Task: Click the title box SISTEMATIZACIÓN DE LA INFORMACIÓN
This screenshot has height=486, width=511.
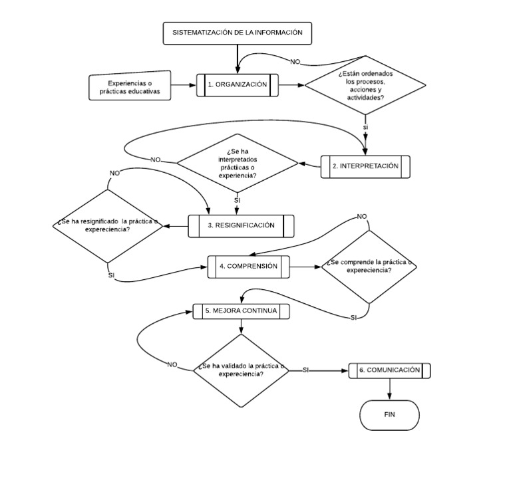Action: click(x=237, y=33)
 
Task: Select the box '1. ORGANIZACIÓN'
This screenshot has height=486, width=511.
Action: click(x=237, y=85)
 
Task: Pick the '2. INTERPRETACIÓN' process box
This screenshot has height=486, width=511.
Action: click(x=365, y=166)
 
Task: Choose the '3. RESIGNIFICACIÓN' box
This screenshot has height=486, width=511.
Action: click(x=240, y=225)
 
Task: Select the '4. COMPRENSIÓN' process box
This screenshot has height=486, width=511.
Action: click(x=249, y=266)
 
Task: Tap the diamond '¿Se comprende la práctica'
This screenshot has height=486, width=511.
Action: click(x=369, y=267)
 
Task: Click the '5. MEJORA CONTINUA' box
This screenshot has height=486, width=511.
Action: click(x=240, y=310)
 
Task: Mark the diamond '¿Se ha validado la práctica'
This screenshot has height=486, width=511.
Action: click(x=240, y=370)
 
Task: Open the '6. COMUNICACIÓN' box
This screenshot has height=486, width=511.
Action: click(x=389, y=370)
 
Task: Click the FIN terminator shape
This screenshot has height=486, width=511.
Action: click(x=389, y=416)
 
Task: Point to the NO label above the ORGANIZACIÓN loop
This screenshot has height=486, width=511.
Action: click(x=295, y=62)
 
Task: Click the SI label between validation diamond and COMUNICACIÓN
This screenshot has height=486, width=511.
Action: click(x=305, y=370)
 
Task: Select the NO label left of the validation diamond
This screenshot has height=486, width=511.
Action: click(x=172, y=364)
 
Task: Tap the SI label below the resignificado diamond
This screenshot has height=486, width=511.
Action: click(x=111, y=275)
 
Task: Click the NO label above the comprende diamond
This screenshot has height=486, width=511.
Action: click(x=362, y=217)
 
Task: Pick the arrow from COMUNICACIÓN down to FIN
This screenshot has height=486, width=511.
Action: click(x=389, y=390)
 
